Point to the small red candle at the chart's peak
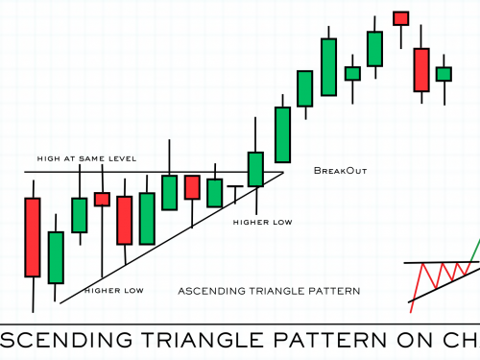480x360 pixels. tap(401, 17)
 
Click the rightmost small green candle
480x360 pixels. tap(443, 73)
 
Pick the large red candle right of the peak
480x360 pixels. tap(420, 69)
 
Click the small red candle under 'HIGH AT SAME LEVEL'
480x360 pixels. tap(102, 199)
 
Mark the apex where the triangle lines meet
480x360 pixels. tap(284, 173)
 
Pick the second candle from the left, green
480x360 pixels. tap(56, 256)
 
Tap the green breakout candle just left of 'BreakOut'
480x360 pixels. tap(282, 134)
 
